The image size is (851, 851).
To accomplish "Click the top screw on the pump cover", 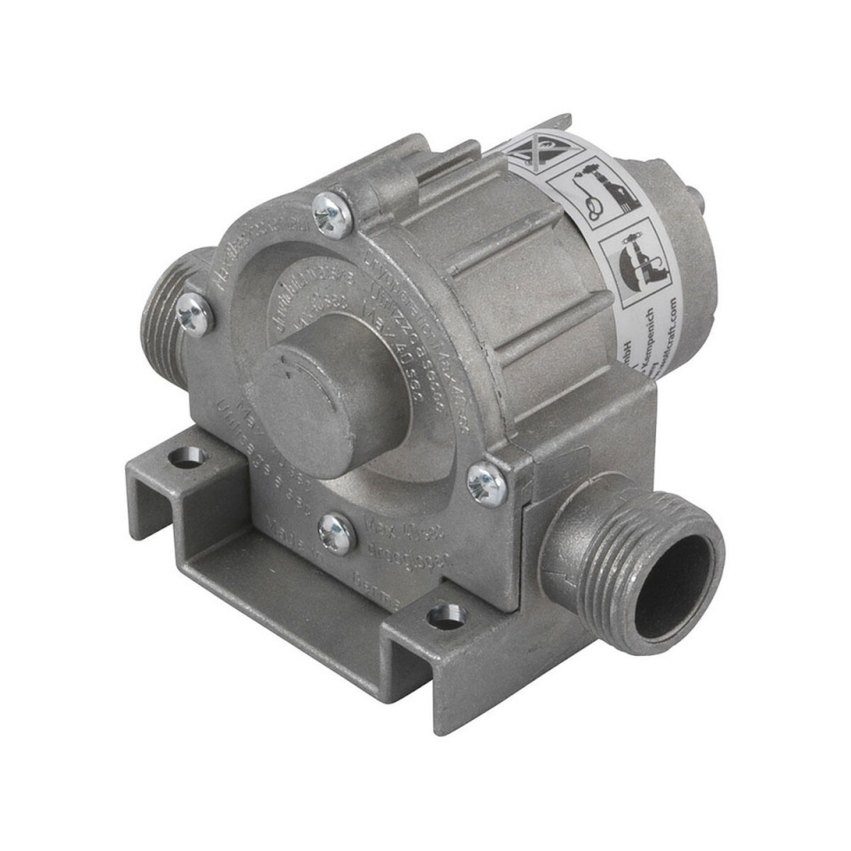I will pos(332,214).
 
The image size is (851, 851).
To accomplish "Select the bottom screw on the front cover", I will pos(337,534).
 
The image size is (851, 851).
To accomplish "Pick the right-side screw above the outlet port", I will pos(486,484).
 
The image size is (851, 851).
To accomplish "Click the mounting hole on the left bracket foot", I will pos(187,458).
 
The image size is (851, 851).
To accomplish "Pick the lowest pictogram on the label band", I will pos(636,262).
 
